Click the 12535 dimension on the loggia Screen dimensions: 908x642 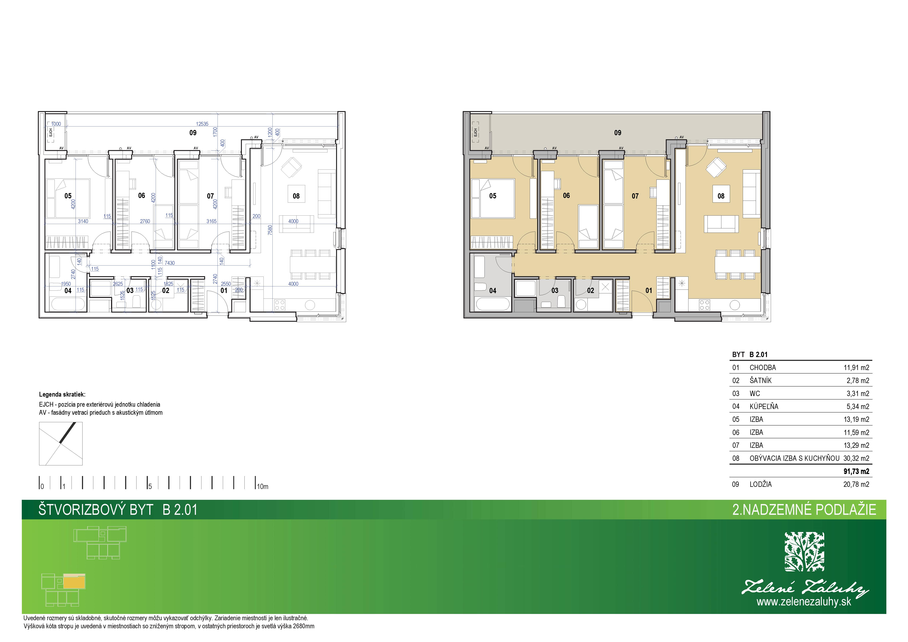pyautogui.click(x=202, y=124)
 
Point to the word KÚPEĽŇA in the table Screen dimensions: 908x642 pyautogui.click(x=764, y=406)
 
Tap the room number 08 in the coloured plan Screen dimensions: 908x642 pyautogui.click(x=721, y=196)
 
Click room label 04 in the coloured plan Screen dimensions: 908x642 pyautogui.click(x=493, y=291)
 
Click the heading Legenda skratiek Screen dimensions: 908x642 pyautogui.click(x=62, y=394)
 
